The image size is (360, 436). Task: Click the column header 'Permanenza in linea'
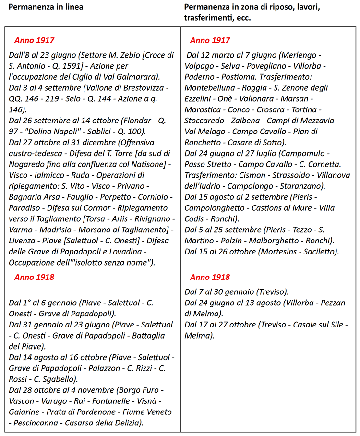(46, 7)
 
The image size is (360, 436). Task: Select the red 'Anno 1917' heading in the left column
(34, 40)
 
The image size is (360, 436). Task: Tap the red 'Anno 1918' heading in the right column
(210, 277)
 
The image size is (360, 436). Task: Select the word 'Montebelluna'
(210, 88)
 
